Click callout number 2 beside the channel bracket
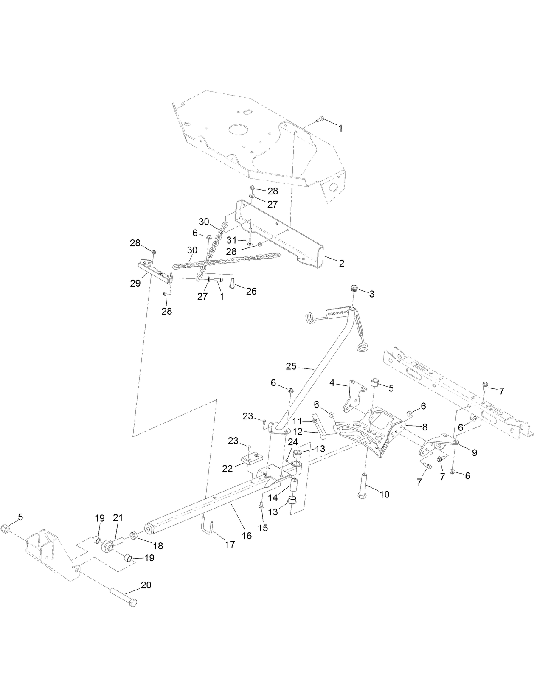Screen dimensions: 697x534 pos(341,263)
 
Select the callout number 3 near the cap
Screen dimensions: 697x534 pos(371,294)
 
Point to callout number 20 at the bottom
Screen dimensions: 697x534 pos(146,585)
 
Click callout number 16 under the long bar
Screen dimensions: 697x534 pos(246,536)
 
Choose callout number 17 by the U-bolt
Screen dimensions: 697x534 pos(230,545)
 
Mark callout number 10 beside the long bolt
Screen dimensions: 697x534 pos(384,495)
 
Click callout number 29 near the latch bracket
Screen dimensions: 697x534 pos(135,283)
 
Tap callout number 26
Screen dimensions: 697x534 pos(251,292)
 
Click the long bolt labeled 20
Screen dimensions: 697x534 pos(123,596)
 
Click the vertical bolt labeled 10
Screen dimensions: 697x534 pos(365,482)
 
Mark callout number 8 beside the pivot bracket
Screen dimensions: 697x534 pos(424,427)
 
